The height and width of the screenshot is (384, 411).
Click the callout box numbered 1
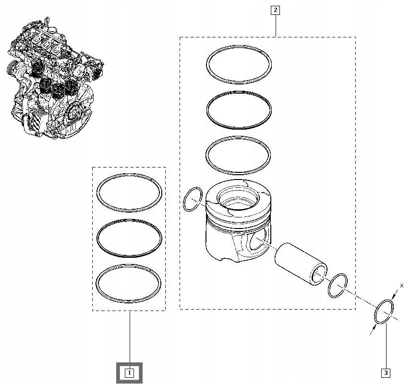pyautogui.click(x=129, y=372)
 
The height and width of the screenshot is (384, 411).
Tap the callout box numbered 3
pyautogui.click(x=386, y=372)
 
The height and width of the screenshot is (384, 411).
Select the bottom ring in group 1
pyautogui.click(x=129, y=265)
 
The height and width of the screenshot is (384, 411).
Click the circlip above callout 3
pyautogui.click(x=385, y=311)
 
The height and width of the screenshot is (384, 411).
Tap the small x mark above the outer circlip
pyautogui.click(x=401, y=286)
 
